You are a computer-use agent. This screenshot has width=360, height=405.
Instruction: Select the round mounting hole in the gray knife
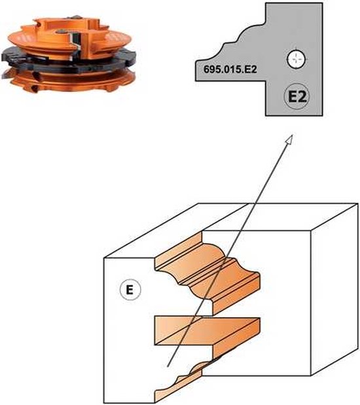click(295, 60)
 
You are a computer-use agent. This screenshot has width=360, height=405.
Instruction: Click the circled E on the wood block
click(130, 288)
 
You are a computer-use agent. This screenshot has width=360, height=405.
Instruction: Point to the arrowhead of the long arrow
click(288, 138)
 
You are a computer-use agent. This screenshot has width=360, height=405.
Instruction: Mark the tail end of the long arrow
click(168, 364)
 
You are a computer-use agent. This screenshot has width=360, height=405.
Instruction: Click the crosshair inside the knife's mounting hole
click(295, 60)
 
